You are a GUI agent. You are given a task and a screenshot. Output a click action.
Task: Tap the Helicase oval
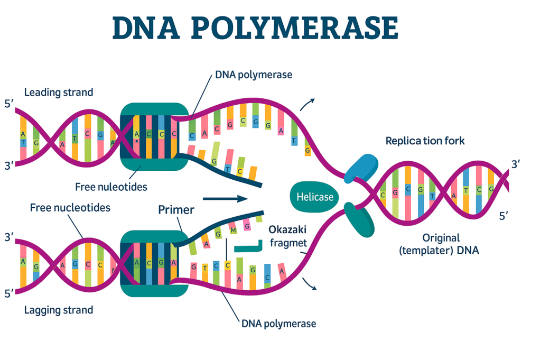[x=315, y=197]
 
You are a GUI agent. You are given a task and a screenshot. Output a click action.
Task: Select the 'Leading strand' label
[x=59, y=93]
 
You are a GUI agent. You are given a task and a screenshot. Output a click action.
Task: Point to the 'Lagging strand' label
[x=59, y=310]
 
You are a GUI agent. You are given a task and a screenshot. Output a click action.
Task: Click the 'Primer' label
[x=176, y=210]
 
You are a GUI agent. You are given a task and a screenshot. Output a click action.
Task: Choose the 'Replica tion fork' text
[x=425, y=141]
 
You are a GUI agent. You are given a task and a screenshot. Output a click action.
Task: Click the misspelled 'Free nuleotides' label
[x=111, y=187]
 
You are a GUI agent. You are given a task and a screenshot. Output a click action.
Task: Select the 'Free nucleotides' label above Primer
[x=70, y=208]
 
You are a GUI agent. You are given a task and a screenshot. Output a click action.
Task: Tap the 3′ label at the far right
[x=516, y=165]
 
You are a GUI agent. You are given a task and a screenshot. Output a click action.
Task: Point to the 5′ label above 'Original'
[x=504, y=216]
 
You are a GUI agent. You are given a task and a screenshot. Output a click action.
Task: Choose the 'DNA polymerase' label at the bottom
[x=278, y=324]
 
